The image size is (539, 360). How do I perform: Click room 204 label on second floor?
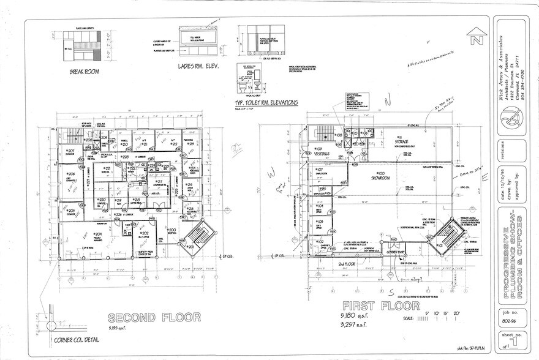pos(97,234)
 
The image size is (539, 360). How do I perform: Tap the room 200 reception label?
pos(172,231)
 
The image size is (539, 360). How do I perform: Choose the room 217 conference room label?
pos(159,182)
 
